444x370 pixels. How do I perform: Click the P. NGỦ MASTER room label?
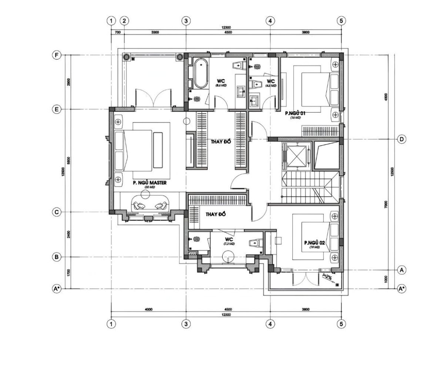pos(149,183)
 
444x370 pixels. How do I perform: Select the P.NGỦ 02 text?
pos(314,243)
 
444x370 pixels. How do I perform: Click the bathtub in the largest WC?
pos(201,73)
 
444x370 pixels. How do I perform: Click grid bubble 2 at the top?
pos(124,21)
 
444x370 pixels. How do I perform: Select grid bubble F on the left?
pos(56,55)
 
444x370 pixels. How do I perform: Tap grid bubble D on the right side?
pos(401,139)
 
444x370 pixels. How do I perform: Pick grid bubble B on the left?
pos(56,257)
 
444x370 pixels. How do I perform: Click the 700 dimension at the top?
pos(118,33)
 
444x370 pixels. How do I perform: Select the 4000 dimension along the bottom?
pos(148,309)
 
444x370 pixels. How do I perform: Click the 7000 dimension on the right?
pos(386,204)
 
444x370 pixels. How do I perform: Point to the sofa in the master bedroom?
pos(149,205)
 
